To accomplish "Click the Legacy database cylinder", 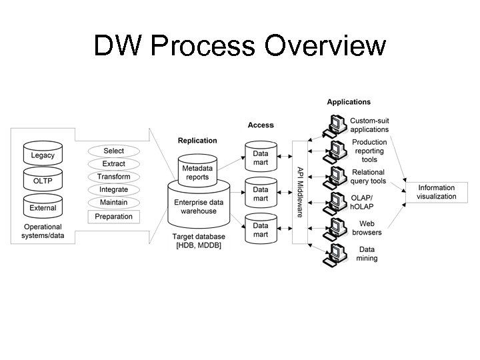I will click(x=43, y=155).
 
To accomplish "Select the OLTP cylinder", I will click(x=43, y=181).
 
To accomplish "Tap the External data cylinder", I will click(x=43, y=207).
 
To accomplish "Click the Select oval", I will click(x=113, y=151).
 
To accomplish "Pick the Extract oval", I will click(x=113, y=164).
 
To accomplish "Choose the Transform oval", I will click(x=113, y=177).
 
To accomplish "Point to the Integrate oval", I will click(x=113, y=189).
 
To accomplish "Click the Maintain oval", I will click(x=113, y=202).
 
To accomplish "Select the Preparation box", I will click(x=114, y=217).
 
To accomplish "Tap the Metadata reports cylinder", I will click(x=197, y=172).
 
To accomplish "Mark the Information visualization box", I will click(x=437, y=192).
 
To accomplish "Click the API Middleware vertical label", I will click(x=300, y=191).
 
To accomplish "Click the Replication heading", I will click(x=197, y=141).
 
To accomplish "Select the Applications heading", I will click(x=349, y=102).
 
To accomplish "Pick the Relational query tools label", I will click(x=369, y=177).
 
